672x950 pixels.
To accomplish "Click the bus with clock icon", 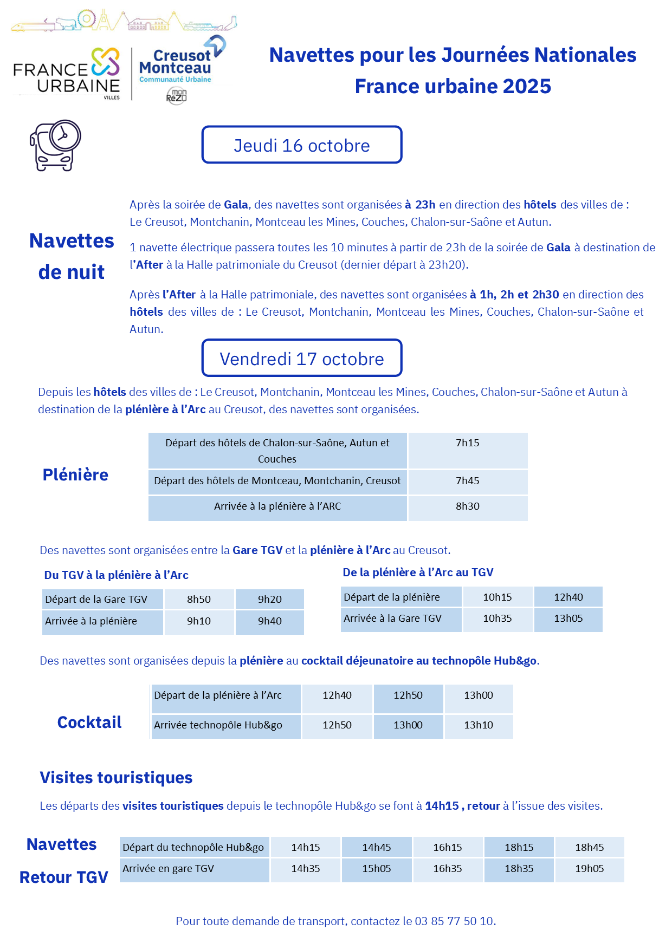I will coord(55,145).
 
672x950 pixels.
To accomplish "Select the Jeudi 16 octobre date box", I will coord(301,145).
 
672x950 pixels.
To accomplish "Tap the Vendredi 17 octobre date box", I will coord(301,359).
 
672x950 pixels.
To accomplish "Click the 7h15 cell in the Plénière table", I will coord(467,443).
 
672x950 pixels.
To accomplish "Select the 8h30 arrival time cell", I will coord(467,506).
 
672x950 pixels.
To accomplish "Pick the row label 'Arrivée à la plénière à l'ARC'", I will coord(277,506).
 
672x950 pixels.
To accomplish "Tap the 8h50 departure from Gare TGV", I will coord(199,600).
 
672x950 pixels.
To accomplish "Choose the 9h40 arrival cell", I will coord(269,621).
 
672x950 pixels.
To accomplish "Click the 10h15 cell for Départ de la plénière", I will coord(497,597).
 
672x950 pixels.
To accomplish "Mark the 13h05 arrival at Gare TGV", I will coord(568,619).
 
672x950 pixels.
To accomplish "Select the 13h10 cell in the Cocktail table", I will coord(478,725).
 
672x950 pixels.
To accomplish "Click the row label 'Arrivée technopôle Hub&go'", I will coord(218,725).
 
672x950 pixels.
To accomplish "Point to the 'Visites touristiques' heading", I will coord(116,778).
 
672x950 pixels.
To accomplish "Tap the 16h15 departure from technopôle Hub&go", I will coord(447,848).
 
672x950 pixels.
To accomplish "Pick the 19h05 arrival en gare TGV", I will coord(589,869).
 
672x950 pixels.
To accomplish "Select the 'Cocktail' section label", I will coord(89,723).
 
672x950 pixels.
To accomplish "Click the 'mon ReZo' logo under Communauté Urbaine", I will coord(176,96).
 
